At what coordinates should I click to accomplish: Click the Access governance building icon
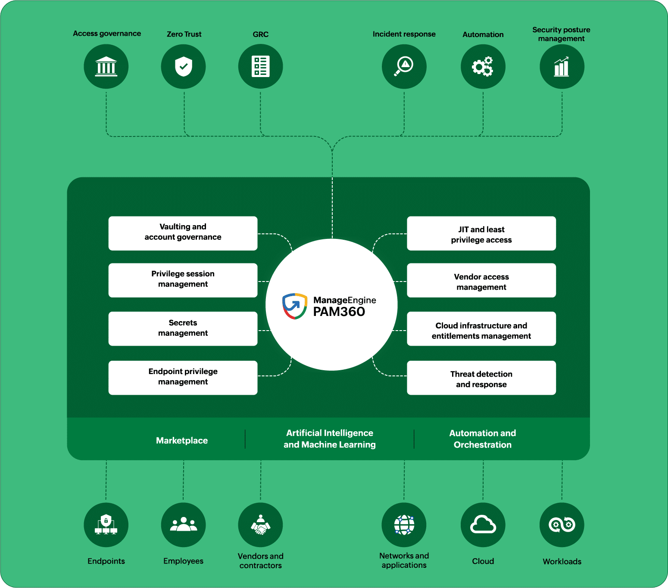pyautogui.click(x=106, y=67)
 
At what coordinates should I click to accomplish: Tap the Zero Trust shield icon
pyautogui.click(x=184, y=66)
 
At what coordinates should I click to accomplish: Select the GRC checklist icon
pyautogui.click(x=260, y=67)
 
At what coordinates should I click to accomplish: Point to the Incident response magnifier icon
pyautogui.click(x=404, y=66)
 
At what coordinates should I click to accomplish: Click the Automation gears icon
pyautogui.click(x=483, y=67)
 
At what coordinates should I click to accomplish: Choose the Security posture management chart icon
pyautogui.click(x=562, y=67)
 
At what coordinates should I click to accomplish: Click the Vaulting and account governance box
pyautogui.click(x=183, y=233)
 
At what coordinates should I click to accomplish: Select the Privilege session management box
pyautogui.click(x=183, y=280)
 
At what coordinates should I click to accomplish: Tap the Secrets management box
pyautogui.click(x=183, y=329)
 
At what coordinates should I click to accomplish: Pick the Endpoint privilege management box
pyautogui.click(x=183, y=378)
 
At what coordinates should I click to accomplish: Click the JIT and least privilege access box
pyautogui.click(x=481, y=233)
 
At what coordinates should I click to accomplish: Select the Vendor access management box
pyautogui.click(x=481, y=280)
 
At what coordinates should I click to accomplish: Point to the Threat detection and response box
pyautogui.click(x=481, y=378)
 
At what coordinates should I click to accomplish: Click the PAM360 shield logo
pyautogui.click(x=295, y=306)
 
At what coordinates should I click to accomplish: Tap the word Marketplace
pyautogui.click(x=182, y=440)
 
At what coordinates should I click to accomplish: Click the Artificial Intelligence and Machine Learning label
pyautogui.click(x=330, y=439)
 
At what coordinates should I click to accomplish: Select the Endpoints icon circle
pyautogui.click(x=106, y=525)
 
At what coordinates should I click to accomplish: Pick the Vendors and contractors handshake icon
pyautogui.click(x=260, y=525)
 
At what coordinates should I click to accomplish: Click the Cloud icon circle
pyautogui.click(x=483, y=525)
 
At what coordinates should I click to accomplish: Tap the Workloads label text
pyautogui.click(x=562, y=561)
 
